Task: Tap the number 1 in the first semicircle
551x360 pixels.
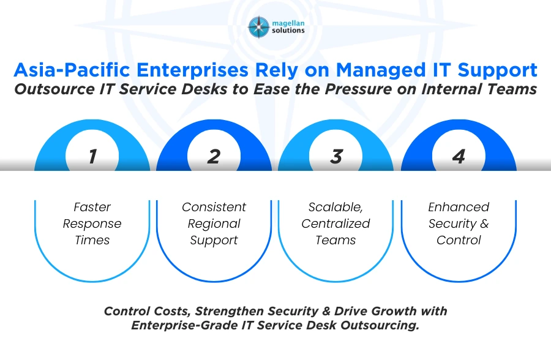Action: pyautogui.click(x=92, y=156)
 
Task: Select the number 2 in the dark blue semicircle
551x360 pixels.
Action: pyautogui.click(x=213, y=156)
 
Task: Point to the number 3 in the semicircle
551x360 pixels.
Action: pyautogui.click(x=336, y=156)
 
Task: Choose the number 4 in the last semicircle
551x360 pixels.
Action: pyautogui.click(x=459, y=156)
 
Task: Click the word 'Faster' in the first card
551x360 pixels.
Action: pyautogui.click(x=92, y=207)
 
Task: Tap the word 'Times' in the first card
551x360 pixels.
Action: pyautogui.click(x=92, y=240)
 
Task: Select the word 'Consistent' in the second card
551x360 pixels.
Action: pyautogui.click(x=214, y=207)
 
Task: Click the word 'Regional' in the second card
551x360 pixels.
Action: pyautogui.click(x=214, y=223)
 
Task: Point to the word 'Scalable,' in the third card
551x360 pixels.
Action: pyautogui.click(x=335, y=207)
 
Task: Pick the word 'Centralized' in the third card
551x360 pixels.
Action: pyautogui.click(x=335, y=223)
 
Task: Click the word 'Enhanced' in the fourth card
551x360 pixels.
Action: pyautogui.click(x=459, y=207)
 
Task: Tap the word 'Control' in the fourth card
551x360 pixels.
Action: pyautogui.click(x=459, y=240)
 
